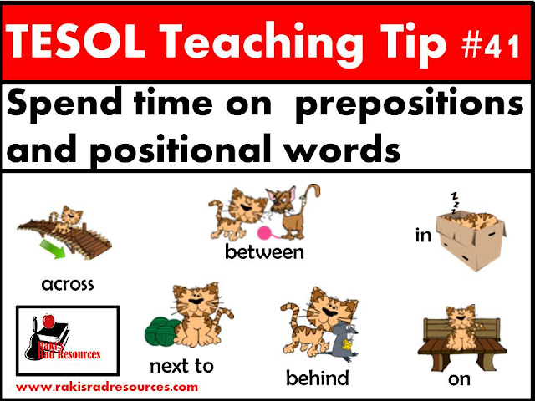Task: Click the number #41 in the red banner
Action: point(491,46)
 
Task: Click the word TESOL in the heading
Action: point(75,43)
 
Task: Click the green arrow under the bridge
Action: point(53,249)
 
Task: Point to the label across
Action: point(68,284)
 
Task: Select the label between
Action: point(264,252)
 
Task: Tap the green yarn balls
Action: point(161,331)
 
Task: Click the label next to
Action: point(182,366)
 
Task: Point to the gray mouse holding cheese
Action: point(344,342)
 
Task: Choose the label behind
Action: point(318,378)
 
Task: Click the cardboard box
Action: point(471,239)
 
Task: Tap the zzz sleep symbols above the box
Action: point(455,203)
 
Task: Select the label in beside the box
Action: point(424,235)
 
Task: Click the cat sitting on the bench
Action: point(462,328)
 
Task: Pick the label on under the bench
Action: point(459,379)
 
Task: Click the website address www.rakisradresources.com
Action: point(107,388)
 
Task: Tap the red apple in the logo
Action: point(48,321)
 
